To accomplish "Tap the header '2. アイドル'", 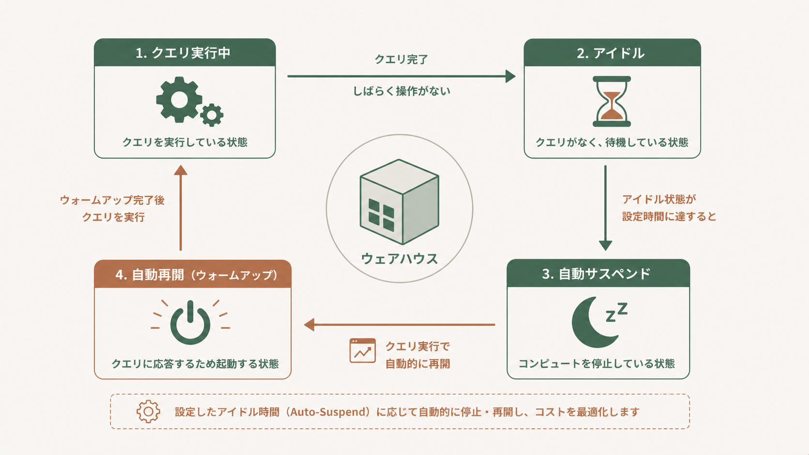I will (611, 53).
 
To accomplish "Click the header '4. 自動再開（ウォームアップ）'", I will (196, 275).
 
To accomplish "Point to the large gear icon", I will (179, 100).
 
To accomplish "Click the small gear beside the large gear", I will (211, 115).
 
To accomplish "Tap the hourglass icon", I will (612, 101).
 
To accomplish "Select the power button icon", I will (190, 323).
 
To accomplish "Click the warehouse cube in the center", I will (399, 202).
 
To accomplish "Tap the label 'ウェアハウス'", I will (399, 259).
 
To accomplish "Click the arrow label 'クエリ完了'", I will (401, 59).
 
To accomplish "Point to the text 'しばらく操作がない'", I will (401, 91).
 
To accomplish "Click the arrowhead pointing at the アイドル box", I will (510, 76).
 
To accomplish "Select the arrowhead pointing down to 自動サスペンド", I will (605, 245).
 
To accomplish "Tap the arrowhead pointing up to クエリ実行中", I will (180, 170).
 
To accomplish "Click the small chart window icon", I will (362, 351).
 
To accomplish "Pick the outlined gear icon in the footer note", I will (148, 411).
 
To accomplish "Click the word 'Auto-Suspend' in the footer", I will (330, 412).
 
